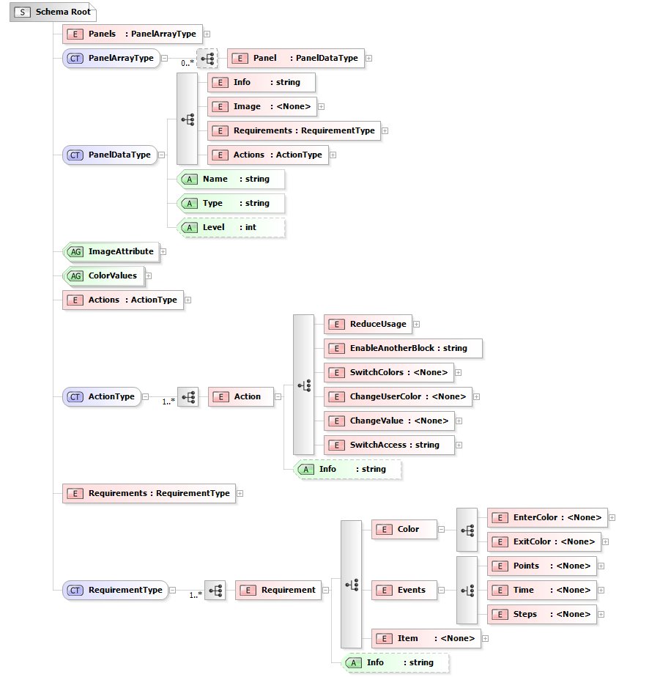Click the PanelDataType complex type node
click(x=110, y=155)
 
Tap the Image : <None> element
click(x=262, y=106)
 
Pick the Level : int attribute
click(x=231, y=227)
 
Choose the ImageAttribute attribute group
click(x=111, y=251)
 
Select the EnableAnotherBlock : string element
click(x=402, y=348)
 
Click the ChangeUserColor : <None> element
click(x=397, y=396)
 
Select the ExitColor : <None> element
click(x=544, y=541)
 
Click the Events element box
click(x=404, y=590)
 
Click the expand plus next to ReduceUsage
click(x=416, y=324)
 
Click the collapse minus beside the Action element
click(x=278, y=396)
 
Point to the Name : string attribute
click(x=231, y=179)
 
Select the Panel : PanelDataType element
click(x=295, y=58)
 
